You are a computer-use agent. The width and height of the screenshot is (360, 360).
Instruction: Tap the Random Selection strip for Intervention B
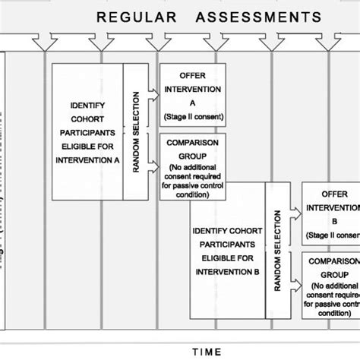pyautogui.click(x=274, y=248)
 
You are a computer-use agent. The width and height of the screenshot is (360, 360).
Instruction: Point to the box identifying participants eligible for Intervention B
pyautogui.click(x=227, y=248)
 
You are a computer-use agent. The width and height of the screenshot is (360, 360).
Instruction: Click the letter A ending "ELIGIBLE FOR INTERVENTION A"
pyautogui.click(x=114, y=160)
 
